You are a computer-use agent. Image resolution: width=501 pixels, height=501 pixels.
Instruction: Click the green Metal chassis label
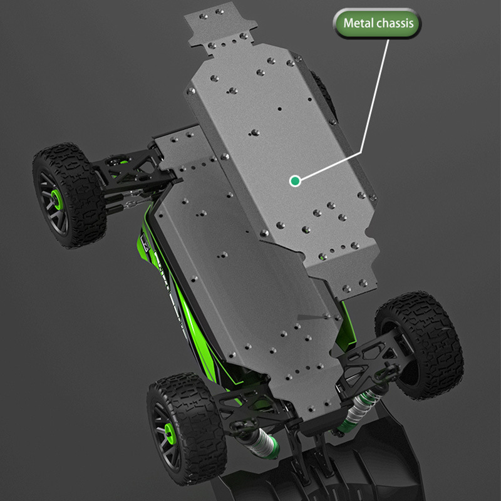point(377,23)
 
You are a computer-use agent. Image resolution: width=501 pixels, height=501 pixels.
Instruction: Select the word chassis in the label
point(395,23)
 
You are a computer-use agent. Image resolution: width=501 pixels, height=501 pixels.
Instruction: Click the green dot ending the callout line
point(295,181)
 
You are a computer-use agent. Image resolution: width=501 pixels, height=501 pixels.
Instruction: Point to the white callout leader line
point(361,152)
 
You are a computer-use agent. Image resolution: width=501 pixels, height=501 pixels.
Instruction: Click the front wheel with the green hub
point(70,195)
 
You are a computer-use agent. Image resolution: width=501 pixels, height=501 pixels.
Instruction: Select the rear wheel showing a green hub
point(186,428)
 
